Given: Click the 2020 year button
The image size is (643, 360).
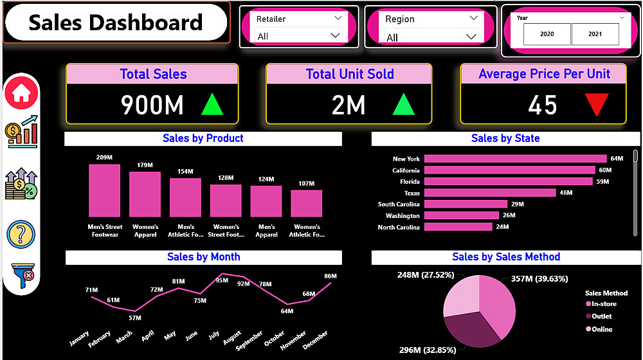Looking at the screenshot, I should pos(547,34).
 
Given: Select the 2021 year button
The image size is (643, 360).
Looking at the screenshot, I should pos(595,34).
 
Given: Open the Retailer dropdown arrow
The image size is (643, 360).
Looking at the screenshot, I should pos(338,19).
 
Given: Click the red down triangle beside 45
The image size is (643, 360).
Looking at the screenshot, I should pos(596,105).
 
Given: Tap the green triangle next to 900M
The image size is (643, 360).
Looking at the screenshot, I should pos(212,104).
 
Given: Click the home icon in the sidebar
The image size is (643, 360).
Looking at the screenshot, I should pos(21,94).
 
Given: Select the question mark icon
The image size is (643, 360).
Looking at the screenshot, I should pos(21,234).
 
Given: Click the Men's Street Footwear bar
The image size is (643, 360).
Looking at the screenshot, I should pos(105,190).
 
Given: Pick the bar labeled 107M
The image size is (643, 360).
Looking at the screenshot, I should pos(306,203).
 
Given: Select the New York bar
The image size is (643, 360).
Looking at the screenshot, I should pos(515,159).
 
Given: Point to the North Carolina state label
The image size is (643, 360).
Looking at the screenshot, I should pos(399,227).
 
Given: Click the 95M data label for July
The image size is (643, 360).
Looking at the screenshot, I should pos(222,280).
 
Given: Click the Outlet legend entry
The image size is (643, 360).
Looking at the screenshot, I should pos(601,316).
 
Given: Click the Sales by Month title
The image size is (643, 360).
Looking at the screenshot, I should pos(203,257).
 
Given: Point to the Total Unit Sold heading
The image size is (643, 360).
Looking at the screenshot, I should pos(350,74).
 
